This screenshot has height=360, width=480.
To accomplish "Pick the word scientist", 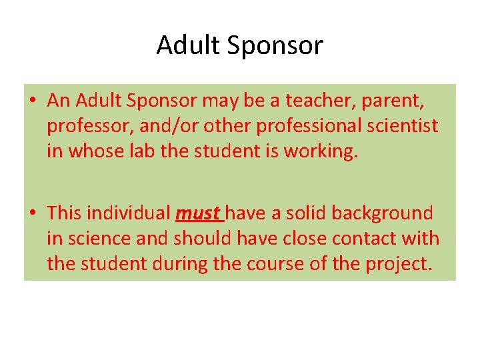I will [x=405, y=126].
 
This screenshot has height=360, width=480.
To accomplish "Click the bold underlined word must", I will [x=197, y=214].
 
